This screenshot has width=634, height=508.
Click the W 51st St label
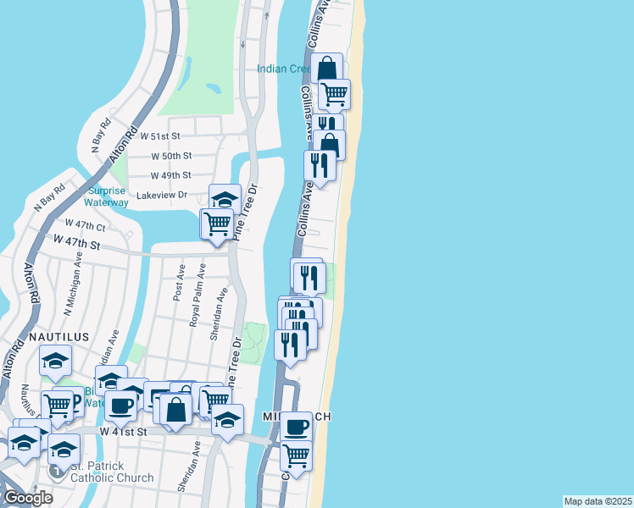point(161,135)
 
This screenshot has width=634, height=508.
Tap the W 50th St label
point(172,156)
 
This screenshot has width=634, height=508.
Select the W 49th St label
point(171,176)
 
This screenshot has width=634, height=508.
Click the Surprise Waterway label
point(106,196)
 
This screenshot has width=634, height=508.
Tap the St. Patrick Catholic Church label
point(112,472)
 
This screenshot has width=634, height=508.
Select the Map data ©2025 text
point(598,501)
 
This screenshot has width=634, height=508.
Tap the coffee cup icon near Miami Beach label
point(297,427)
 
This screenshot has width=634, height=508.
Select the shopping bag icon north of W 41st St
point(176,410)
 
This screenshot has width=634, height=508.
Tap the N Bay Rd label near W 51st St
point(96,133)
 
